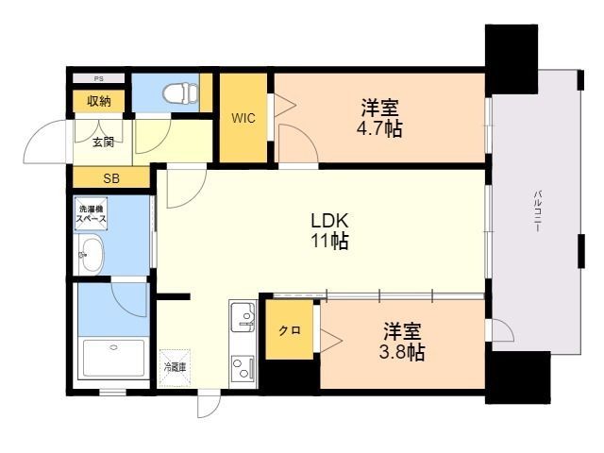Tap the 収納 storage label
(x=99, y=101)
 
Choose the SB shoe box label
(x=110, y=177)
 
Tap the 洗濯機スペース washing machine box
(x=92, y=213)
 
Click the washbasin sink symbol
(x=92, y=254)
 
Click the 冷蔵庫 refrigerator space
(x=176, y=364)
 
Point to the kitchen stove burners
(x=242, y=366)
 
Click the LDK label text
(x=330, y=221)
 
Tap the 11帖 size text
(x=330, y=242)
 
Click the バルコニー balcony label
(x=537, y=213)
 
